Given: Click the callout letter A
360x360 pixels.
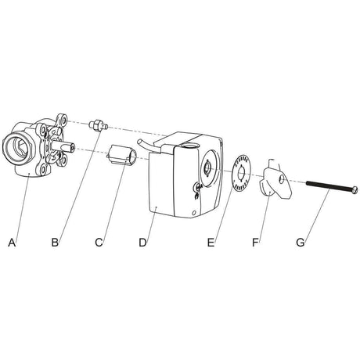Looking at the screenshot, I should click(12, 243).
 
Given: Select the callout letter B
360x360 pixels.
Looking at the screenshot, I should click(55, 243).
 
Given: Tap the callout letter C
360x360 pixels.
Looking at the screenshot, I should click(99, 243).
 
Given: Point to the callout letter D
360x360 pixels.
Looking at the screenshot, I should click(142, 243).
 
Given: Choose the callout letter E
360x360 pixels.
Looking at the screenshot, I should click(211, 243).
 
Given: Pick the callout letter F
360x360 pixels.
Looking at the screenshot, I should click(255, 243).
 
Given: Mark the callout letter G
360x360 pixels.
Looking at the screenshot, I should click(301, 243).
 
